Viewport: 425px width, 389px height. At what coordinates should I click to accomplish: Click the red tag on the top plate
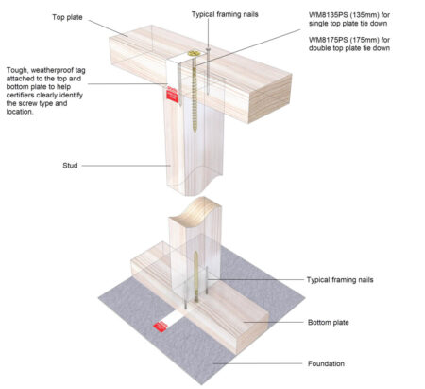click(x=173, y=94)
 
